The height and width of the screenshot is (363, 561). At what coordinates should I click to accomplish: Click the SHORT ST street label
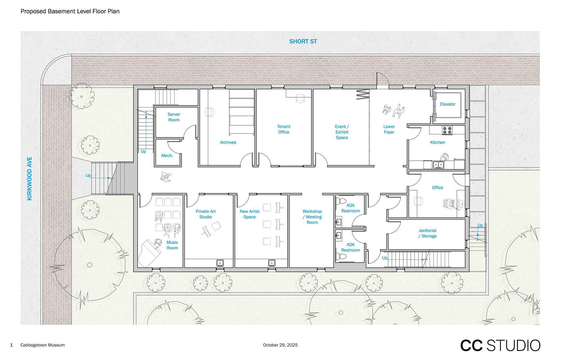(x=303, y=41)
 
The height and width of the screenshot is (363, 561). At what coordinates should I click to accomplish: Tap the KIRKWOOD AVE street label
(x=29, y=179)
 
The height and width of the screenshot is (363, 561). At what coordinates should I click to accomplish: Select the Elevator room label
(x=447, y=104)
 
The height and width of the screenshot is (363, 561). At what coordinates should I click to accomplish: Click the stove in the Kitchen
(x=447, y=130)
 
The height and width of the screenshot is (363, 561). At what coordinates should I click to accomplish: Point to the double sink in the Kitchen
(x=438, y=164)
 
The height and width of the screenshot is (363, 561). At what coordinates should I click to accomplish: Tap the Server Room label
(x=174, y=117)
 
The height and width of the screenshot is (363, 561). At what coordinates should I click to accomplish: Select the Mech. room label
(x=167, y=156)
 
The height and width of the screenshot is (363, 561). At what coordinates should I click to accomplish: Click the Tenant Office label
(x=284, y=129)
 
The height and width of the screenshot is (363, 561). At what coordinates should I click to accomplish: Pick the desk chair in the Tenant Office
(x=300, y=99)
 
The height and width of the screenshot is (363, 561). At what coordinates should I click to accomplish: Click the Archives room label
(x=228, y=142)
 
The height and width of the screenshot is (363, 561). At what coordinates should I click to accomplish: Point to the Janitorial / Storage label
(x=427, y=233)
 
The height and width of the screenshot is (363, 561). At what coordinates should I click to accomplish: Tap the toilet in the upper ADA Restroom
(x=341, y=201)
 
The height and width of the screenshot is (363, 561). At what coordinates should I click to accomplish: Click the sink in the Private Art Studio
(x=220, y=263)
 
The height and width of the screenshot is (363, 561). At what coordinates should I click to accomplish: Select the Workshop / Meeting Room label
(x=312, y=217)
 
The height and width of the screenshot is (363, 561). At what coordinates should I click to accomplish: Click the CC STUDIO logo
(x=500, y=346)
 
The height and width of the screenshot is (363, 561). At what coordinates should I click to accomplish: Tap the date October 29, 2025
(x=280, y=345)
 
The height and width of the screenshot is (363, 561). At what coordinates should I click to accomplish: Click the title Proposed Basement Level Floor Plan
(x=70, y=11)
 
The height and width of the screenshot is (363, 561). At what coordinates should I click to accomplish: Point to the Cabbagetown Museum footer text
(x=42, y=345)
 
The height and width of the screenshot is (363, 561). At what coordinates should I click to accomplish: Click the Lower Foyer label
(x=389, y=129)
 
